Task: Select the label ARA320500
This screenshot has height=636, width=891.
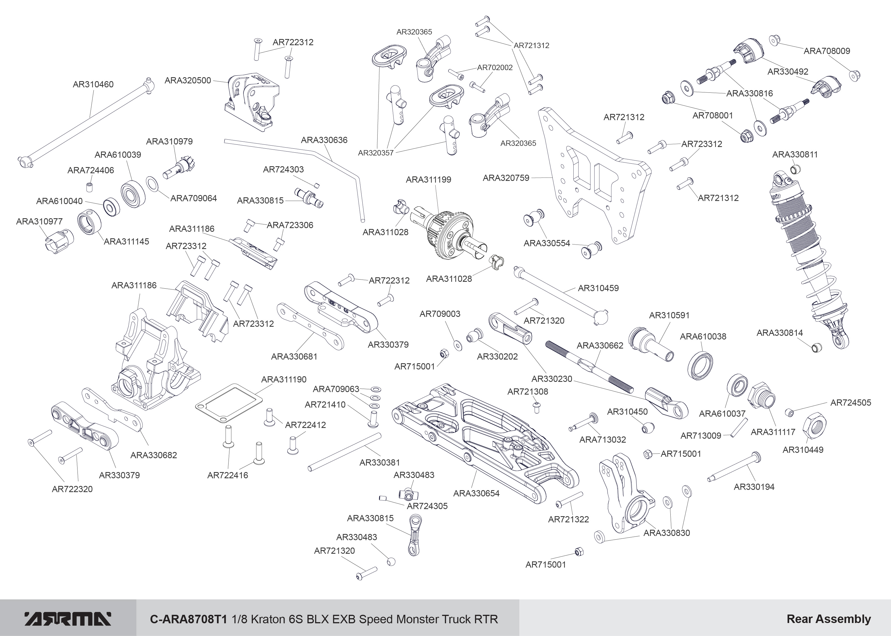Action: pyautogui.click(x=188, y=80)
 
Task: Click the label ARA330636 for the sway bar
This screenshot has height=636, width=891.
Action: pyautogui.click(x=324, y=140)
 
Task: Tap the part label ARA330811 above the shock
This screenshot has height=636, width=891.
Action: pyautogui.click(x=795, y=154)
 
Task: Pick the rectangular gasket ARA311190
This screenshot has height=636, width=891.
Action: pyautogui.click(x=229, y=403)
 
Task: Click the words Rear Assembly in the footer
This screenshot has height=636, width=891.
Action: pyautogui.click(x=829, y=619)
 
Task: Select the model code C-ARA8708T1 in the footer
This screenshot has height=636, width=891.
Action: pyautogui.click(x=188, y=619)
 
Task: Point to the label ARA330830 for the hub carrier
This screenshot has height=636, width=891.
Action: pyautogui.click(x=666, y=533)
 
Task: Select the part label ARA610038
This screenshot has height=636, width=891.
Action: pyautogui.click(x=703, y=336)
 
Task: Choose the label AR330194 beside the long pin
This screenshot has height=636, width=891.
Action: pyautogui.click(x=754, y=487)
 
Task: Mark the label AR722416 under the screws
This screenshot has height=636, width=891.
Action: pyautogui.click(x=228, y=475)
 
